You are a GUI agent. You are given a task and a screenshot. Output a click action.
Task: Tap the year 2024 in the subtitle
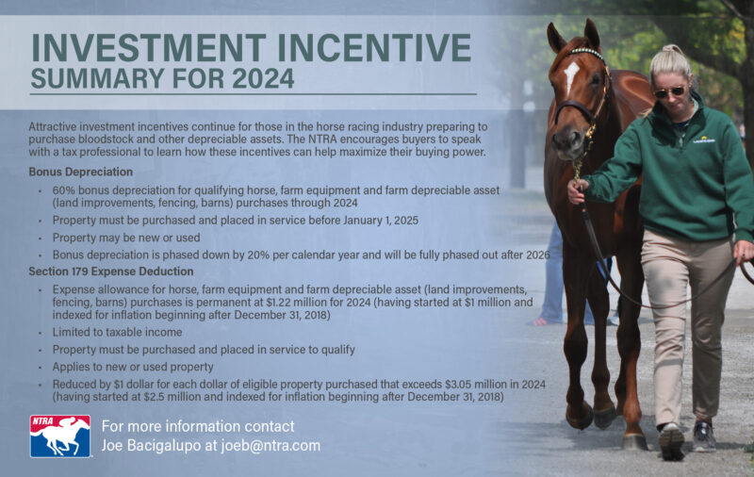pyautogui.click(x=258, y=77)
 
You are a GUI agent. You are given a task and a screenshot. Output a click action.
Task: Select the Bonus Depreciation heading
pyautogui.click(x=80, y=172)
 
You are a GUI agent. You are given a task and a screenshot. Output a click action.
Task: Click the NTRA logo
pyautogui.click(x=59, y=436)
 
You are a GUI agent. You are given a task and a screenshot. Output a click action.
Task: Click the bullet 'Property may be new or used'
pyautogui.click(x=126, y=238)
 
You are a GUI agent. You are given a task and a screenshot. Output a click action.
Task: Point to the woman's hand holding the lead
pyautogui.click(x=576, y=191)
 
